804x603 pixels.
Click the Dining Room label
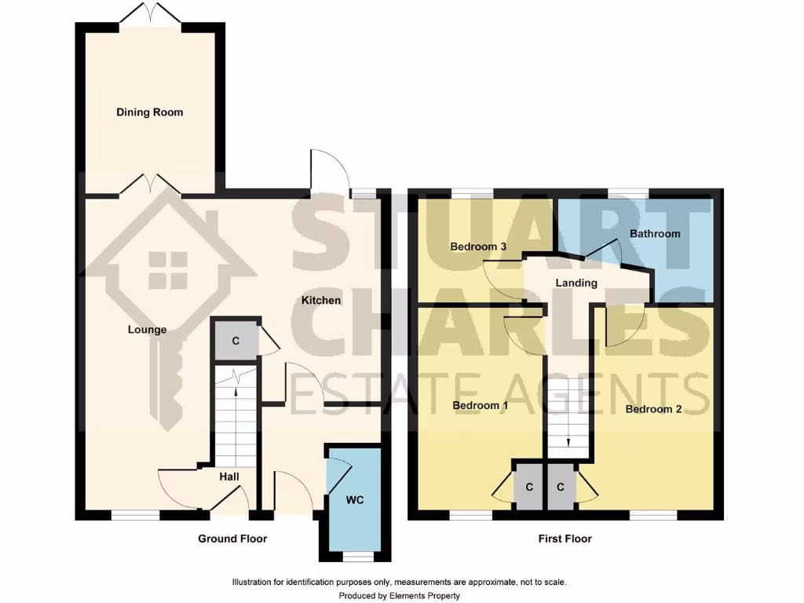150,112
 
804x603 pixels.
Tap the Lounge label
147,330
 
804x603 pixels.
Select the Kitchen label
321,301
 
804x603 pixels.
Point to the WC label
355,500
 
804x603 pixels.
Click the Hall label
229,477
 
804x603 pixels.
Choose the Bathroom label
655,234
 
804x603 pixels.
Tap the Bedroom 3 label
478,247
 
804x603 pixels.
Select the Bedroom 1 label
481,406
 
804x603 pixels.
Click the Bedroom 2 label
654,409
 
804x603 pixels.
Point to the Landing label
576,283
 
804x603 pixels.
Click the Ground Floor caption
232,539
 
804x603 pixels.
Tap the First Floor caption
565,539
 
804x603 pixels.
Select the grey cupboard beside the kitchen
236,341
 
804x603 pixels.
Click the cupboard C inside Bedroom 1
529,487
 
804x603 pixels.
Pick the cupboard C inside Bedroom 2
561,487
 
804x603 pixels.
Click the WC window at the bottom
358,557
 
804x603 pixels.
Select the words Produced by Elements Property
400,596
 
